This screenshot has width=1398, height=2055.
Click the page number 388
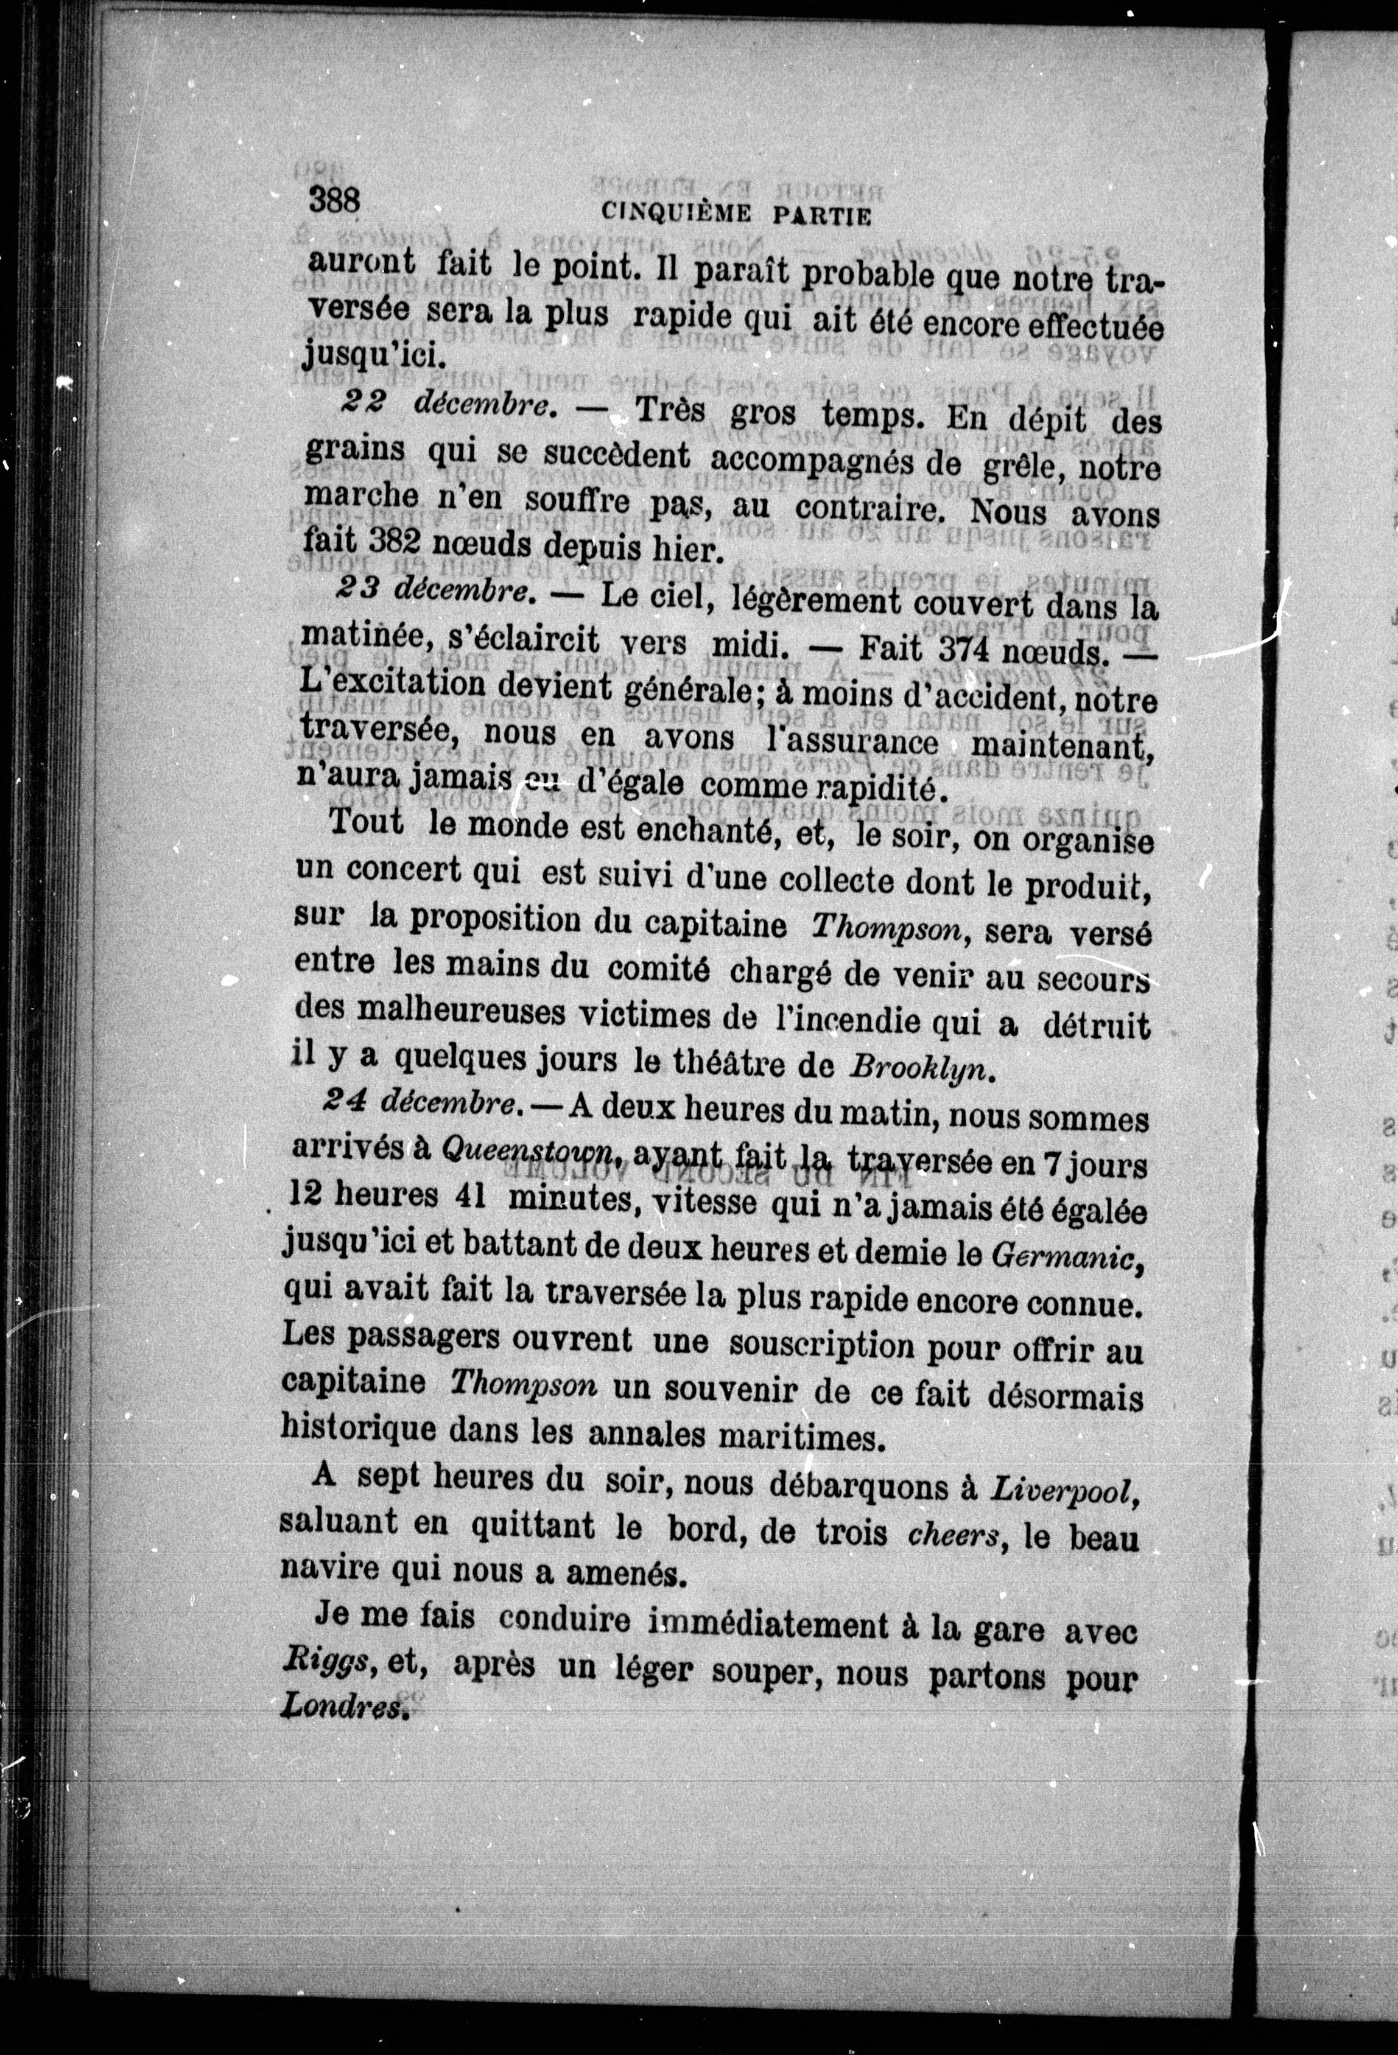[334, 199]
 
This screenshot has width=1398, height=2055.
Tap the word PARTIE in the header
[823, 215]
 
